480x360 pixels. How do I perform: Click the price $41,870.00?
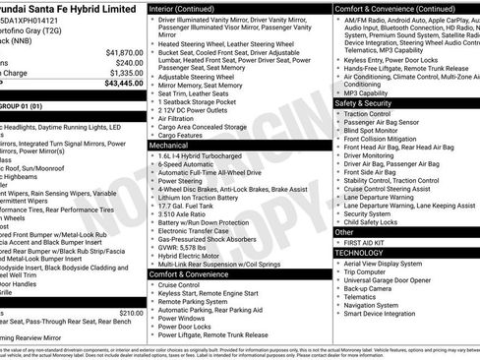point(123,52)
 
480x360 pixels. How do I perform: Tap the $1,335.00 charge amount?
point(125,73)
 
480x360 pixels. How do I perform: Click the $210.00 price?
point(129,313)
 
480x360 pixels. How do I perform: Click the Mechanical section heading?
point(168,144)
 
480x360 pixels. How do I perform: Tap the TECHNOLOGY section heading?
point(359,253)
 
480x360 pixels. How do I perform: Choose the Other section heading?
point(345,232)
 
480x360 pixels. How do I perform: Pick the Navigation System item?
point(378,305)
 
